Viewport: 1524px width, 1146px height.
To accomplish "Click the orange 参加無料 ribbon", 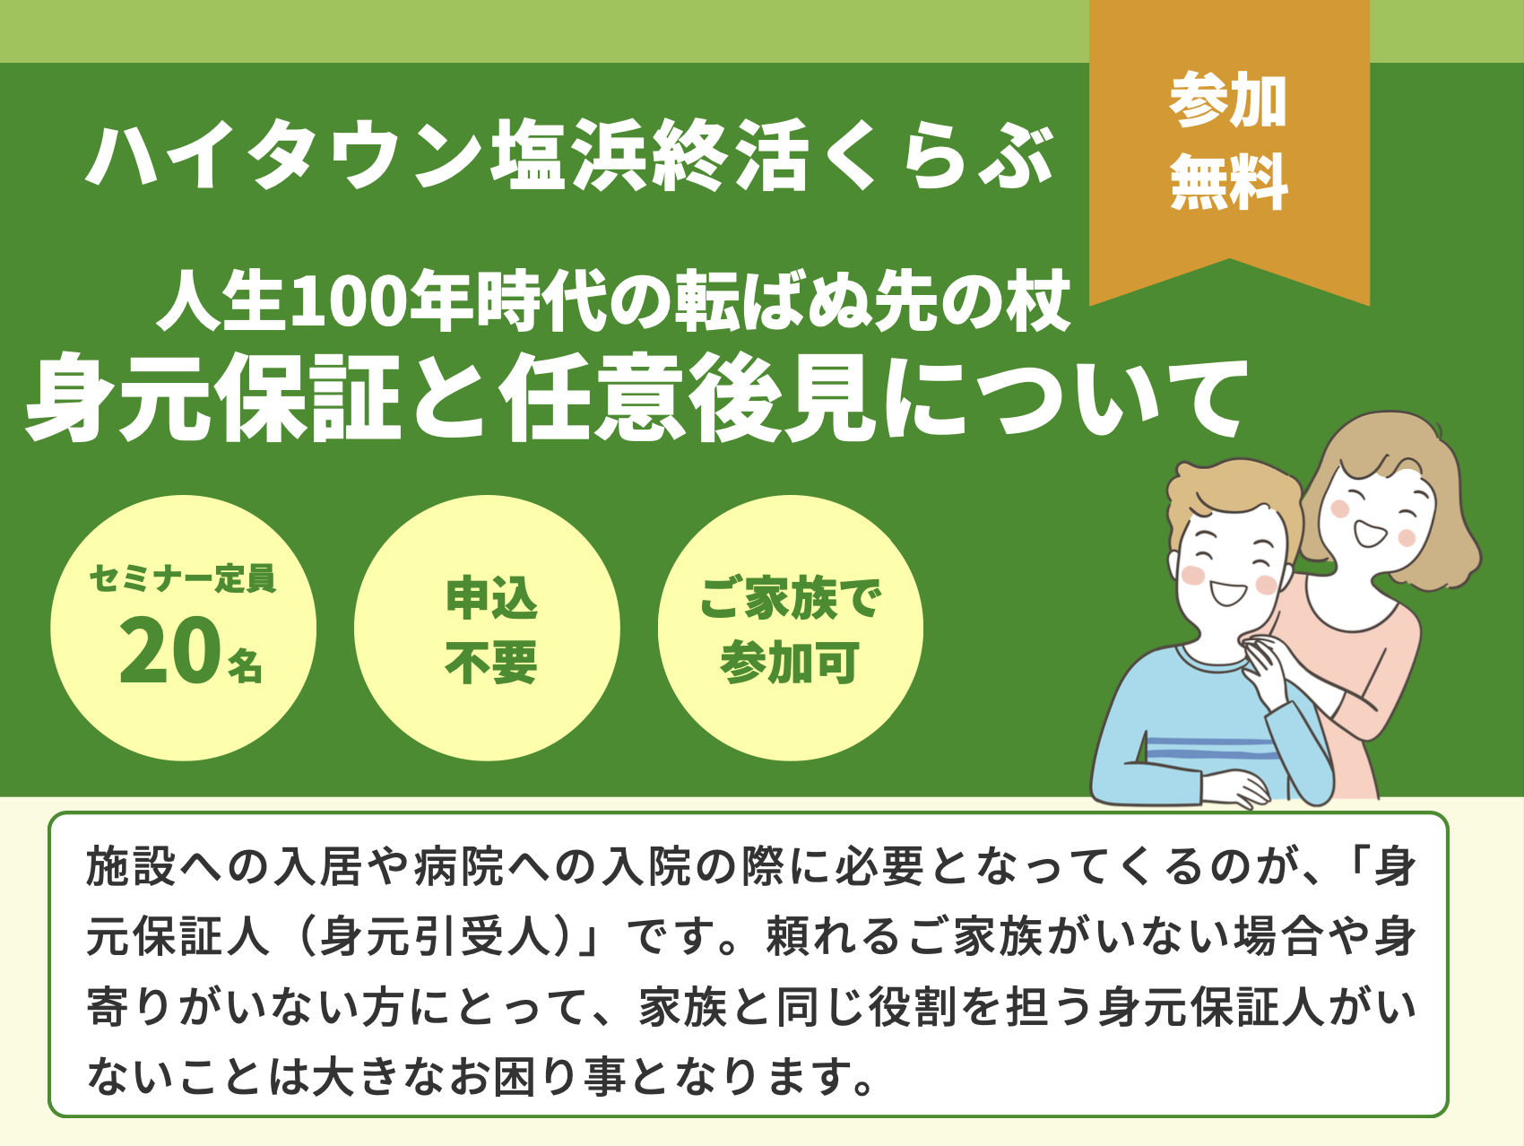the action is (x=1229, y=143).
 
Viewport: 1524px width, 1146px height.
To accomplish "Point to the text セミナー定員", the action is (x=183, y=578).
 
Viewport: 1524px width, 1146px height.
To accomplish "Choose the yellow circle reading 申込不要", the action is (x=487, y=628).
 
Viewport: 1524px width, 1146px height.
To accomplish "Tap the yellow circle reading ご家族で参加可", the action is (x=791, y=628).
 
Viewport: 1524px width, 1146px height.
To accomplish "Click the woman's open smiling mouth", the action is (x=1370, y=534).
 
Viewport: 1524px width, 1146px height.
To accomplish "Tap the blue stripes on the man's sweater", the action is (x=1215, y=749).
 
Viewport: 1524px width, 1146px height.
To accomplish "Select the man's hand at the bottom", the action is (x=1235, y=789).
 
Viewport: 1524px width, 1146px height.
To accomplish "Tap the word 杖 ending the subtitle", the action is (x=1039, y=301).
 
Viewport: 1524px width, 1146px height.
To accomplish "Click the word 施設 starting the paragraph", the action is (x=132, y=867).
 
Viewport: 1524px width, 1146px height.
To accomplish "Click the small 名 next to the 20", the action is (x=245, y=665).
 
